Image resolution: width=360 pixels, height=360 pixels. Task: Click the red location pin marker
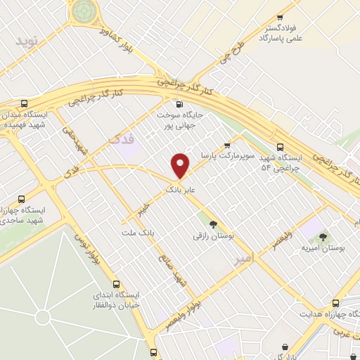coord(181,166)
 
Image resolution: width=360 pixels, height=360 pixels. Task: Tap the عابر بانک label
coord(179,190)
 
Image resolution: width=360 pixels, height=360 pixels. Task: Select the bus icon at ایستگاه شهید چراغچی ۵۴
coord(281,147)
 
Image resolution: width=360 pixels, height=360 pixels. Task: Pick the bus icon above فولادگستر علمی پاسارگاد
coord(281,18)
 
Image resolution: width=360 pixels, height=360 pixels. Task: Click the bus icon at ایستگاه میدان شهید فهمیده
coord(25,102)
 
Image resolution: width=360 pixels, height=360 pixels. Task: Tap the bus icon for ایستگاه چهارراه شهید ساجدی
coord(21,198)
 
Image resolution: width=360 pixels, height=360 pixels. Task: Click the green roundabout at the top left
coord(82,10)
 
